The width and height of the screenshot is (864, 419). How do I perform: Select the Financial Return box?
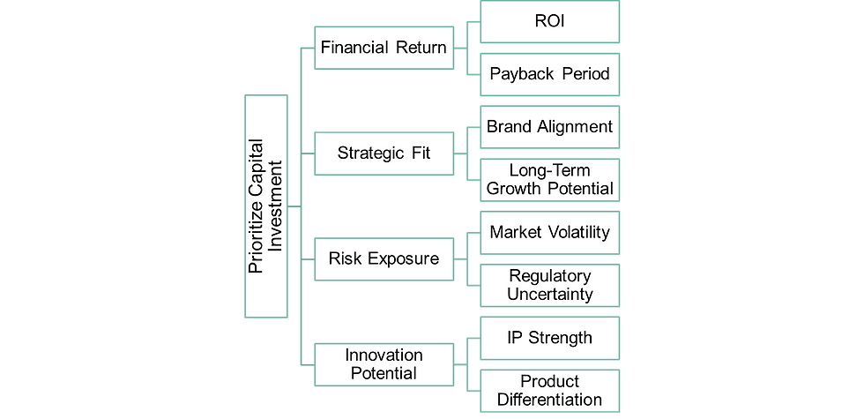click(384, 48)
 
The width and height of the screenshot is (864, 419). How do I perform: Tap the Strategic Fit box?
click(384, 153)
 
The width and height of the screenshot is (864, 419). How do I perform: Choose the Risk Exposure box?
click(384, 258)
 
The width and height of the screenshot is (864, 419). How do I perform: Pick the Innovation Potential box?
click(384, 363)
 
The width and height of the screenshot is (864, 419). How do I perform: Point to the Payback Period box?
click(549, 74)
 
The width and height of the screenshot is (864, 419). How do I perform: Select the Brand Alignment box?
click(549, 126)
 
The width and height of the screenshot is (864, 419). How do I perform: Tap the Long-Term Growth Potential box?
click(549, 179)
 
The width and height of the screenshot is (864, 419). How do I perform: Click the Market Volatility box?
click(549, 232)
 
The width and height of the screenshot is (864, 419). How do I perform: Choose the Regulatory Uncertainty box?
click(549, 285)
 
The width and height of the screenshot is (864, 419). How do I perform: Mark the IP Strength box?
click(549, 338)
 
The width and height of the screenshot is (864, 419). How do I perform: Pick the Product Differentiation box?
click(549, 391)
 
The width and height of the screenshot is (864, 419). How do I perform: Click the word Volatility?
click(578, 232)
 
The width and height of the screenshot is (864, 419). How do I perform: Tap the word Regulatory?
click(549, 276)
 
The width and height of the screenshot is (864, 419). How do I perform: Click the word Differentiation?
click(549, 400)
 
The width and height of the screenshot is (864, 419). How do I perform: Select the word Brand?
click(509, 126)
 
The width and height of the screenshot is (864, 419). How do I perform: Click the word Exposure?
click(405, 258)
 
